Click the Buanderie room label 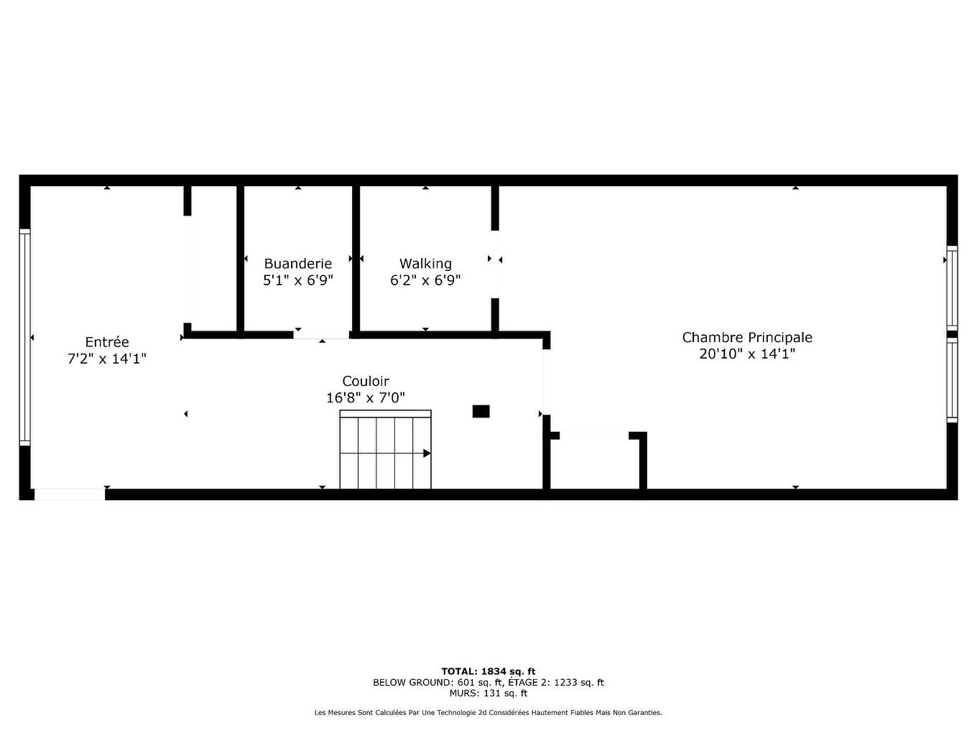coord(297,264)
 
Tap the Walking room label coord(425,264)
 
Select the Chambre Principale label coord(747,337)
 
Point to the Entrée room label coord(107,342)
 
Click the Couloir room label coord(366,381)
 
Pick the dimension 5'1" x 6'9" coord(297,280)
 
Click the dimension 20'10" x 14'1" coord(747,354)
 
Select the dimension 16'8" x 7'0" coord(366,397)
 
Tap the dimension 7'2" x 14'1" coord(107,359)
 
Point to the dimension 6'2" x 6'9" coord(425,280)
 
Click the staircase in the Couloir coord(385,450)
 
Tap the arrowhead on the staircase coord(427,453)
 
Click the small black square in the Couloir coord(481,411)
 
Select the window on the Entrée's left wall coord(25,337)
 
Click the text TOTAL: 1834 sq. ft coord(488,671)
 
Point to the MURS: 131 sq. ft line coord(488,693)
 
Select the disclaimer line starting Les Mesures coord(488,713)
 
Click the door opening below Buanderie coord(321,334)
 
